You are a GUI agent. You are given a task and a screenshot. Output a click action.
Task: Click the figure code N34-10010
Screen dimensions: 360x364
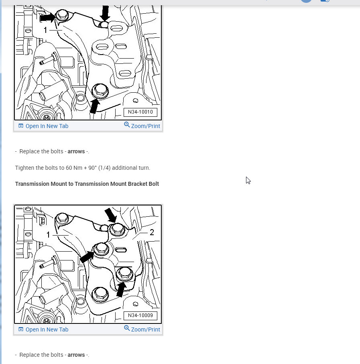coord(140,112)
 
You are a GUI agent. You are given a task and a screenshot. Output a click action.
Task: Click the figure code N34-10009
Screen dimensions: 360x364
coord(140,315)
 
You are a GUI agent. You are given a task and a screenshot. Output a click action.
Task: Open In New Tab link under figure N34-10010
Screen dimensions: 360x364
coord(43,126)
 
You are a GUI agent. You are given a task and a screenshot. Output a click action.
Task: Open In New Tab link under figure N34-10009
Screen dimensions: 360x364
coord(43,329)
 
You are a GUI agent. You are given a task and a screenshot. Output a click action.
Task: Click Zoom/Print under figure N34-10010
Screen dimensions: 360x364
coord(142,126)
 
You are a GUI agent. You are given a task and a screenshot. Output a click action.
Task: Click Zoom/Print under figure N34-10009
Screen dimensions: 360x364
coord(142,329)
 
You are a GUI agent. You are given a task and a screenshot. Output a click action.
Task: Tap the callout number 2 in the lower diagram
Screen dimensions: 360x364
coord(152,232)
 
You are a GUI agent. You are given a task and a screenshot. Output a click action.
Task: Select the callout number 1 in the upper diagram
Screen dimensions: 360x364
coord(45,30)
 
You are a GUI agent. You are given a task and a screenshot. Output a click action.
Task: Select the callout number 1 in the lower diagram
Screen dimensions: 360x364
coord(48,235)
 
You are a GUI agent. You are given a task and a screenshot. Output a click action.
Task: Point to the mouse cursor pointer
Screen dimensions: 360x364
coord(248,180)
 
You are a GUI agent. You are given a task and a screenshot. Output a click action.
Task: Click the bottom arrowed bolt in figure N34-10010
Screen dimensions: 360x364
coord(100,91)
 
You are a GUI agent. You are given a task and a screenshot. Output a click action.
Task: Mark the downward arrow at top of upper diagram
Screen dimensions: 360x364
coord(105,13)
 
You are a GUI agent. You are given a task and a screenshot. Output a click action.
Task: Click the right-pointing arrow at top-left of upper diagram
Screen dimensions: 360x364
coord(48,17)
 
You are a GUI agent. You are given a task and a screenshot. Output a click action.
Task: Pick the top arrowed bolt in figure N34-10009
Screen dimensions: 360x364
coord(117,229)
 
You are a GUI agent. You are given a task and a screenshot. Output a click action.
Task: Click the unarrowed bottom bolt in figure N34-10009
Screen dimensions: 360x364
coord(100,294)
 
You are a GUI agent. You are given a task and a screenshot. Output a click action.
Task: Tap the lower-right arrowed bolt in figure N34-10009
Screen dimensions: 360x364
coord(125,274)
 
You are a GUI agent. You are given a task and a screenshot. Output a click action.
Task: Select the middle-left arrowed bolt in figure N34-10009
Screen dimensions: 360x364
coord(101,249)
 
